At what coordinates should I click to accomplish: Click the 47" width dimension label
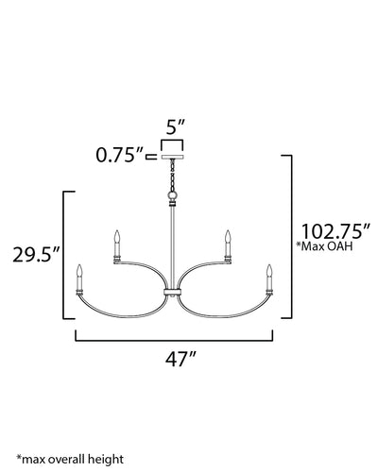[180, 359]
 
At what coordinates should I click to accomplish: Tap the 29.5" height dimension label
[37, 254]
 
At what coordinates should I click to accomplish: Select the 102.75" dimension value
[335, 231]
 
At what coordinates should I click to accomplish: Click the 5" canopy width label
[175, 127]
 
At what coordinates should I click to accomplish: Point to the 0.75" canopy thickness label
[120, 155]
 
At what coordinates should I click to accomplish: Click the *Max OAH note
[324, 246]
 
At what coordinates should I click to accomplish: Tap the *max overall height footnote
[70, 460]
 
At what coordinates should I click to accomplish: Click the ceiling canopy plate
[172, 157]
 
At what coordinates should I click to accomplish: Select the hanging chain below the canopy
[172, 175]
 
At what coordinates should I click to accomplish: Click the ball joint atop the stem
[172, 196]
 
